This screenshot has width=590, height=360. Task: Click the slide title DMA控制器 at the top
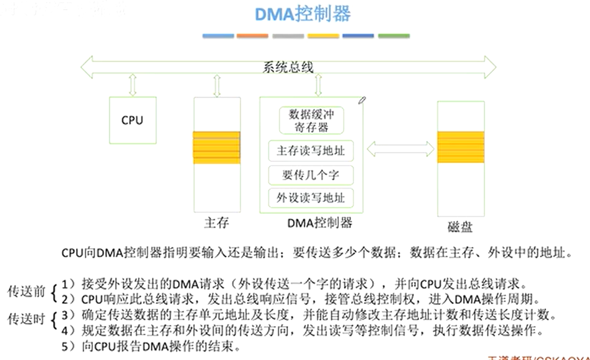pos(302,14)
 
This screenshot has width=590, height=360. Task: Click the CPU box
pos(132,120)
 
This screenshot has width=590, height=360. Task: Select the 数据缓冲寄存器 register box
pos(311,121)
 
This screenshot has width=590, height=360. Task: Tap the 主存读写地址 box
pos(311,151)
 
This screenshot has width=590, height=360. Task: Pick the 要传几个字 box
pos(311,175)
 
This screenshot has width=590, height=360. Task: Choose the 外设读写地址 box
pos(311,198)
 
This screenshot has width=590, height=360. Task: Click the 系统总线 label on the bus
pos(288,67)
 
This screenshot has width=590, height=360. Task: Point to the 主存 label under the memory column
pos(216,223)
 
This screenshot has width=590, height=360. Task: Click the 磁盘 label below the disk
pos(460,227)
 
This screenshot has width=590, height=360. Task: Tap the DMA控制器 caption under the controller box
pos(319,223)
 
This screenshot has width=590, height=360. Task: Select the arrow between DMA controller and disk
pos(400,149)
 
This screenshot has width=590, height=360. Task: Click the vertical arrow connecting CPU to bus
pos(133,85)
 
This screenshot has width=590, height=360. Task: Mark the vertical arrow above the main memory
pos(217,86)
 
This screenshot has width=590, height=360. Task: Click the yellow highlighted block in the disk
pos(461,147)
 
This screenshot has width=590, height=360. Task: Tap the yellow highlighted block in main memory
pos(216,148)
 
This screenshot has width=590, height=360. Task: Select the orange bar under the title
pos(252,36)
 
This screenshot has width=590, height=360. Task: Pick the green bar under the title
pos(393,36)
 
